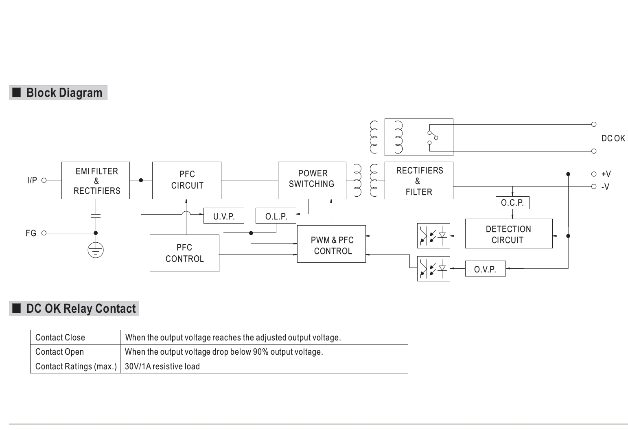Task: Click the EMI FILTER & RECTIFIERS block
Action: tap(96, 180)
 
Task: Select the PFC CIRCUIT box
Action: tap(187, 180)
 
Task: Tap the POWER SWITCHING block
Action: tap(312, 180)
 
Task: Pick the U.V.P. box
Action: tap(224, 216)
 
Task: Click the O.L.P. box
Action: tap(276, 216)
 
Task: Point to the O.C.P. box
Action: tap(512, 203)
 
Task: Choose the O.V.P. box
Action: tap(485, 269)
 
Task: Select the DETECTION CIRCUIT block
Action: tap(509, 234)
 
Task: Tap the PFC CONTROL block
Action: tap(184, 253)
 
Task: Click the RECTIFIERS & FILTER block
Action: tap(419, 180)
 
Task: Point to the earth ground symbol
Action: tap(96, 250)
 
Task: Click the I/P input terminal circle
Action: tap(44, 180)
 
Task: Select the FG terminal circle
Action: tap(44, 233)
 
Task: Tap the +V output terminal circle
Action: tap(594, 174)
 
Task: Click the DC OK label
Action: tap(613, 138)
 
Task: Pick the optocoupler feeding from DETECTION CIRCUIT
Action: tap(433, 236)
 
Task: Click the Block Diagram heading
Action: tap(64, 93)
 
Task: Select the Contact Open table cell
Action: tap(60, 352)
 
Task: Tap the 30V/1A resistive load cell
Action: tap(162, 366)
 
